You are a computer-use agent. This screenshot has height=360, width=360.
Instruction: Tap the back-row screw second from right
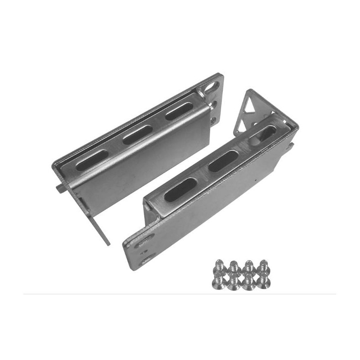(x=248, y=266)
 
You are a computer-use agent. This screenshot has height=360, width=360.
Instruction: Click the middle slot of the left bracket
(x=137, y=134)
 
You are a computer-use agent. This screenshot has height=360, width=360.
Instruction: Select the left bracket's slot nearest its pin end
(x=92, y=160)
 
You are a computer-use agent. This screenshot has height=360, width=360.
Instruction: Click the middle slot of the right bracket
(x=224, y=160)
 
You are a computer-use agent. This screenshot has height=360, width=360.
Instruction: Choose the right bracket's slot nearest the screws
(x=180, y=189)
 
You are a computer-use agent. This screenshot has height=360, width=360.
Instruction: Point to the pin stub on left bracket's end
(x=61, y=189)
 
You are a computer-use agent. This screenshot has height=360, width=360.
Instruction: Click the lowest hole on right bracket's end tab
(x=144, y=260)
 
